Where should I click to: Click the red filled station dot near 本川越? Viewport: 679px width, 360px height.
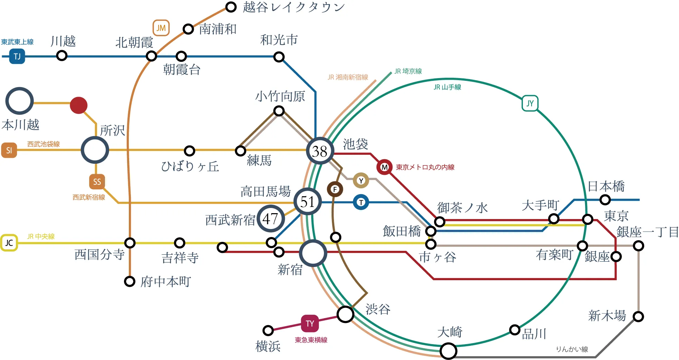click(x=78, y=105)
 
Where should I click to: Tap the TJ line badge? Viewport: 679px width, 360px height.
click(x=17, y=56)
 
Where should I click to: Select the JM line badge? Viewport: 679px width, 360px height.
click(x=161, y=28)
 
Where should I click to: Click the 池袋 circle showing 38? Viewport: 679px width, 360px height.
click(x=320, y=151)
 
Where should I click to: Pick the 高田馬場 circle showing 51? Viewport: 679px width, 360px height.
click(x=307, y=202)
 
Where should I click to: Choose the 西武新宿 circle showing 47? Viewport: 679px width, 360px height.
click(x=270, y=218)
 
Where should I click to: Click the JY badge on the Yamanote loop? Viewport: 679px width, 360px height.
click(x=530, y=103)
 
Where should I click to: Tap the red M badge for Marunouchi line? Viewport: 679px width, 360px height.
click(x=384, y=167)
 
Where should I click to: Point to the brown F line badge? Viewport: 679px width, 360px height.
click(x=335, y=189)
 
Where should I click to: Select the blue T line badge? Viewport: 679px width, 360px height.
click(x=361, y=202)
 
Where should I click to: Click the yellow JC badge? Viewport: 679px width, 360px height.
click(x=9, y=243)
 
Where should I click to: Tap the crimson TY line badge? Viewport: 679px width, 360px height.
click(x=309, y=323)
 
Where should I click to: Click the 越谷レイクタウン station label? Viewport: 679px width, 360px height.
click(x=294, y=7)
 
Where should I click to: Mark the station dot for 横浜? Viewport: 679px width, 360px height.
click(x=268, y=331)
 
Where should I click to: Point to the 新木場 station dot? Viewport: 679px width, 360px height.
click(x=638, y=316)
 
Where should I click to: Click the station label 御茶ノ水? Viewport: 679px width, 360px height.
click(x=462, y=208)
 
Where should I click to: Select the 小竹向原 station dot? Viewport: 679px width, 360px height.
click(x=279, y=111)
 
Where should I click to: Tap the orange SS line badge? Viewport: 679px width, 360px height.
click(x=97, y=182)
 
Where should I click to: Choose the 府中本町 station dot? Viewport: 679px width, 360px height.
click(x=130, y=282)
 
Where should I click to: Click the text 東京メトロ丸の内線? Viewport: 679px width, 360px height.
click(x=425, y=167)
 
